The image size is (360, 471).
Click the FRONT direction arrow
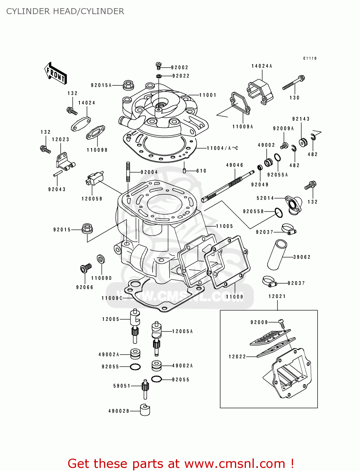point(55,73)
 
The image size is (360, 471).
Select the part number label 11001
point(208,95)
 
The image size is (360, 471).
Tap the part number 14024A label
point(262,66)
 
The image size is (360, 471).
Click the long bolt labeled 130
point(293,83)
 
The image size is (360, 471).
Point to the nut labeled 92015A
point(128,85)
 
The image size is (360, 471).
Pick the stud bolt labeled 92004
point(128,172)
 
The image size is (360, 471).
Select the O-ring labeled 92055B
point(279,213)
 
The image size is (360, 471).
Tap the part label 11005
point(224,226)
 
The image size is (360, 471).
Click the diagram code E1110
point(310,58)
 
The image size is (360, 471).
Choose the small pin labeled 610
point(185,171)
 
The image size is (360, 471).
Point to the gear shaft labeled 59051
point(145,389)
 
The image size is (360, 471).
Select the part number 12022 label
point(237,357)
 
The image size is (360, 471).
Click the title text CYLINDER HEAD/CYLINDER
point(65,11)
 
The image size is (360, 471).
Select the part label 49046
point(235,165)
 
